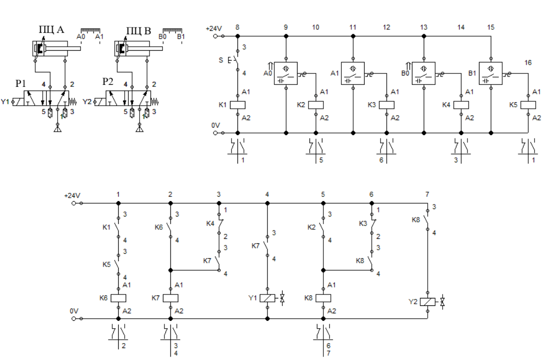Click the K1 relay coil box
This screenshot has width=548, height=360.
coord(237,105)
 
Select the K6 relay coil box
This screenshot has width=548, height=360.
coord(118,298)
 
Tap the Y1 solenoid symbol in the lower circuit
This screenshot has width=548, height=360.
coord(268,298)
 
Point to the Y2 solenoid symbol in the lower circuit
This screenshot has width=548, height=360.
coord(428,302)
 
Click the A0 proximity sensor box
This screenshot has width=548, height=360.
coord(286,74)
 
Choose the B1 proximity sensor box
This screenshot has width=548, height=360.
coord(490,74)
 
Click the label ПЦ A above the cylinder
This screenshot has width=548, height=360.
coord(52,30)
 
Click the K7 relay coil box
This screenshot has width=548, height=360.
coord(171,298)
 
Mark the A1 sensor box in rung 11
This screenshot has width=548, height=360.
coord(352,74)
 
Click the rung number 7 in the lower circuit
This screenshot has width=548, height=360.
coord(427,194)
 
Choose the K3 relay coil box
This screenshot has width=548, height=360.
coord(387,105)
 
